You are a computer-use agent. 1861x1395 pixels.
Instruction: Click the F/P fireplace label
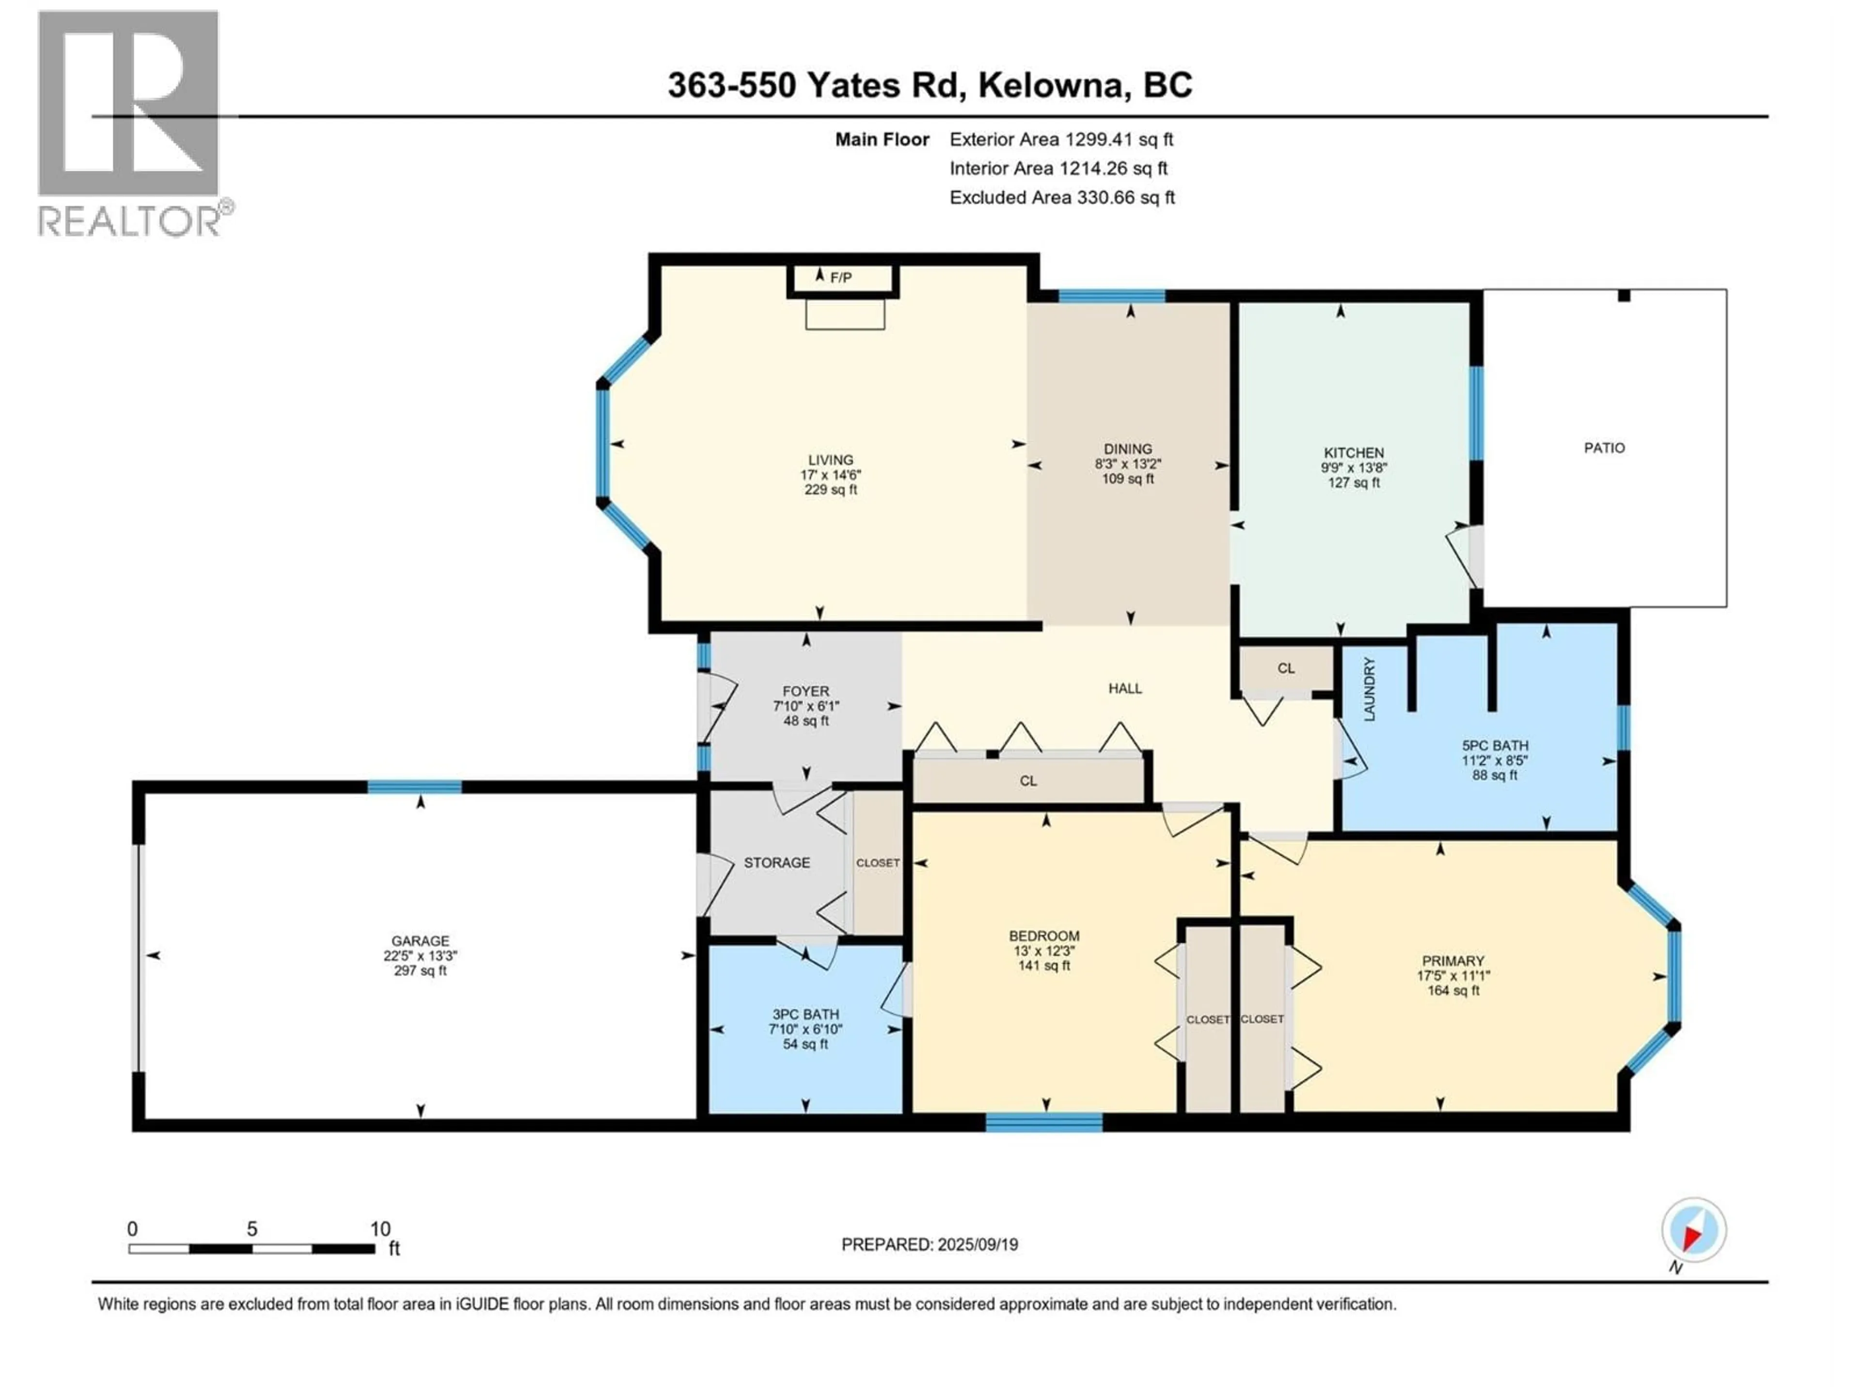pyautogui.click(x=840, y=278)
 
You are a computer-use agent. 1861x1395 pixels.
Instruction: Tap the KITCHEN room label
pyautogui.click(x=1354, y=452)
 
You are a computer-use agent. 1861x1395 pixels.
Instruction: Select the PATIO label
pyautogui.click(x=1605, y=448)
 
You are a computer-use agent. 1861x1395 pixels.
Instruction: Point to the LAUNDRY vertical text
pyautogui.click(x=1369, y=690)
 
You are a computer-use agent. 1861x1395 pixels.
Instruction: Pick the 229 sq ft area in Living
pyautogui.click(x=830, y=489)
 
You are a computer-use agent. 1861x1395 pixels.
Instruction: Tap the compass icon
pyautogui.click(x=1694, y=1230)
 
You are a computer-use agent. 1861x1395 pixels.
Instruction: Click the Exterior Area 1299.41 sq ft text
pyautogui.click(x=1061, y=139)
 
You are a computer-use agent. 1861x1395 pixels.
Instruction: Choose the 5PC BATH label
pyautogui.click(x=1495, y=745)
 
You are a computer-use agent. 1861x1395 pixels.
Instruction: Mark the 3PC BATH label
pyautogui.click(x=805, y=1014)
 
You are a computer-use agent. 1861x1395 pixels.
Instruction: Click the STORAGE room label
pyautogui.click(x=776, y=863)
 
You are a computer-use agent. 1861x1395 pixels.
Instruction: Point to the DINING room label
pyautogui.click(x=1128, y=449)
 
